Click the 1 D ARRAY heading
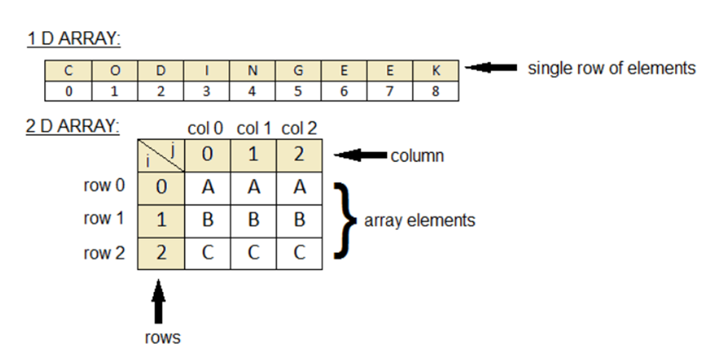click(74, 38)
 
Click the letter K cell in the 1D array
click(436, 70)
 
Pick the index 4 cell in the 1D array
click(252, 91)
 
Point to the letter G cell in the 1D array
click(298, 70)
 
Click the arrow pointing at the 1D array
click(491, 68)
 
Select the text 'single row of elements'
click(611, 69)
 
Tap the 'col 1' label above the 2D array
click(254, 128)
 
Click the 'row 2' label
click(105, 253)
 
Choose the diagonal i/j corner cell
click(160, 154)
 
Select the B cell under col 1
click(254, 220)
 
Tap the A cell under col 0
click(208, 187)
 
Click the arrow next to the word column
click(364, 154)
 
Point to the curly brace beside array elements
click(345, 220)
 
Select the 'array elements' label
click(420, 221)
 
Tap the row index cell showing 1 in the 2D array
click(160, 220)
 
